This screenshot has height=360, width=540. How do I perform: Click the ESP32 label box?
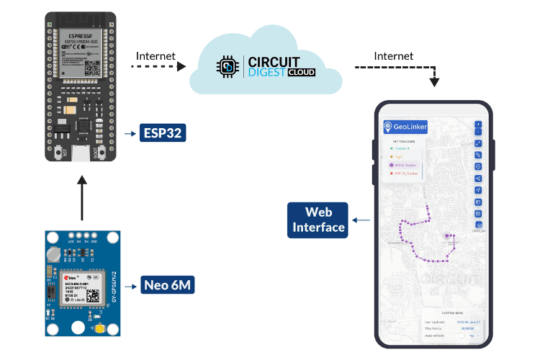163,132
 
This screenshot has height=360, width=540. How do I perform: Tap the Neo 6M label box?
167,285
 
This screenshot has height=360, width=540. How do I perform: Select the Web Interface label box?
318,220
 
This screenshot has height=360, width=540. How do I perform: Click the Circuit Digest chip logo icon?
228,67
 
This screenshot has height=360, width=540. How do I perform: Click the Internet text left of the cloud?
155,55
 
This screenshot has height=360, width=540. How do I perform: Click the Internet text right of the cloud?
394,55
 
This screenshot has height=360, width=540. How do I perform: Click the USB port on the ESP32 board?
82,153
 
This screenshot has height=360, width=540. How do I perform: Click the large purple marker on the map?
448,235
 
